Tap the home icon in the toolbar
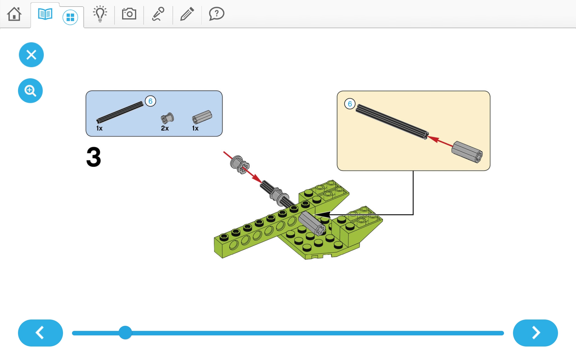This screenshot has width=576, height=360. click(x=14, y=14)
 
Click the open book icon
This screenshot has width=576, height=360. click(x=45, y=14)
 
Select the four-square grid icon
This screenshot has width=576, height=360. click(x=70, y=17)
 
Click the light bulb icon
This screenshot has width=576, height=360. click(x=100, y=14)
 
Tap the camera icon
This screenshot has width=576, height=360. click(x=129, y=14)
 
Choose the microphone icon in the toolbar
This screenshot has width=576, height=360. click(x=158, y=14)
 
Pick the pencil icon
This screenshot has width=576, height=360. click(x=187, y=14)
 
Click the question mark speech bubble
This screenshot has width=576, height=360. click(x=217, y=14)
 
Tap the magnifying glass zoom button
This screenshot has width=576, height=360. click(x=30, y=91)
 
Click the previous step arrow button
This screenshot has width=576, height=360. click(x=40, y=333)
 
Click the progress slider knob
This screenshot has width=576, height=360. click(x=125, y=333)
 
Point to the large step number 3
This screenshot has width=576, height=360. click(x=94, y=157)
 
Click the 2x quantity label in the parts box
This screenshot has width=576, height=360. click(x=165, y=128)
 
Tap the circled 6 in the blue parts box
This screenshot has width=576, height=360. click(x=150, y=101)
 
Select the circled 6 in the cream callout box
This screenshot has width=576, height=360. click(x=350, y=104)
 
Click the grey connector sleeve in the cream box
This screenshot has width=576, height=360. click(x=467, y=152)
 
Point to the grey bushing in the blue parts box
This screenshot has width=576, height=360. click(x=167, y=118)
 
